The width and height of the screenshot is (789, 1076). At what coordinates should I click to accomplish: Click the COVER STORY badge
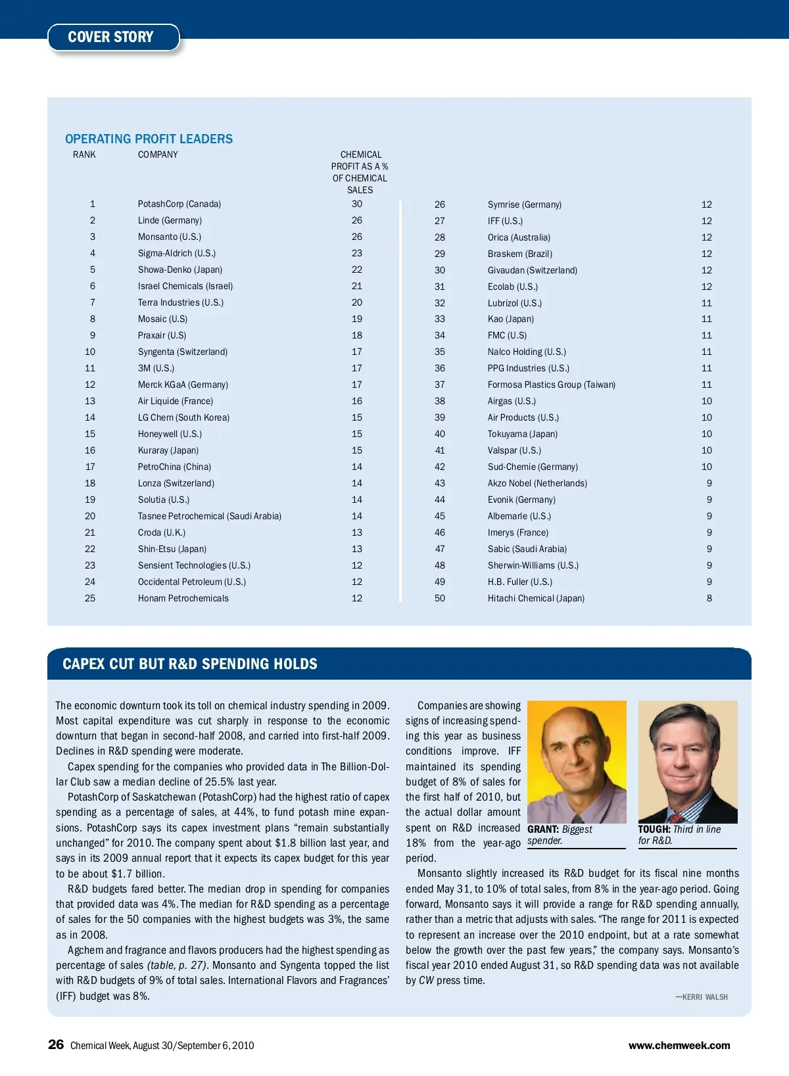click(112, 37)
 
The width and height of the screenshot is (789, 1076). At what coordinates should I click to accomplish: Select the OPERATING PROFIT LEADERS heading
click(149, 139)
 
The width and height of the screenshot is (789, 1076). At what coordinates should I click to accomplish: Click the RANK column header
click(84, 154)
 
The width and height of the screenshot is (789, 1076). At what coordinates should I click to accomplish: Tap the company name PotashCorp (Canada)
click(179, 204)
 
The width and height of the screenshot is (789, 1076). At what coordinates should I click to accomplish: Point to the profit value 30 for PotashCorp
click(356, 204)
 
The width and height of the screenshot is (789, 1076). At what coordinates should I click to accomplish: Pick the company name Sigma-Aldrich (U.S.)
click(176, 253)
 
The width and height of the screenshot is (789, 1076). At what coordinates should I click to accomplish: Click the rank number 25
click(90, 598)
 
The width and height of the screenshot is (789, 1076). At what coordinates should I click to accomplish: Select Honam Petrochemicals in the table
click(183, 598)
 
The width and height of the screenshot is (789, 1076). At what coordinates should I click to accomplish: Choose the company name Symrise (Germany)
click(524, 204)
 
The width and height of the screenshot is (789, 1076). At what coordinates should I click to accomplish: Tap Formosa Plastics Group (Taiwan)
click(551, 385)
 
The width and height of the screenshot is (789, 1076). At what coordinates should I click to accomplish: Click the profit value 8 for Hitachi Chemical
click(709, 598)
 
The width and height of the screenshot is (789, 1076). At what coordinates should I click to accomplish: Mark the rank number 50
click(439, 598)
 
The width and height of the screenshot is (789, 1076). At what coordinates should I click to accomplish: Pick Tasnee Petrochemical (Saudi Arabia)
click(209, 516)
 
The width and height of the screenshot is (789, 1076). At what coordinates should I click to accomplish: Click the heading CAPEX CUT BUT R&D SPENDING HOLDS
click(189, 664)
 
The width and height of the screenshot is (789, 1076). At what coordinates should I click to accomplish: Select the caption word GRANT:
click(543, 830)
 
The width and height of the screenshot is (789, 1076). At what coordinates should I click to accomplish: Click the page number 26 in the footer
click(56, 1044)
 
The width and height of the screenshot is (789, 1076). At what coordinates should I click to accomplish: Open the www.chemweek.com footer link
click(679, 1045)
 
